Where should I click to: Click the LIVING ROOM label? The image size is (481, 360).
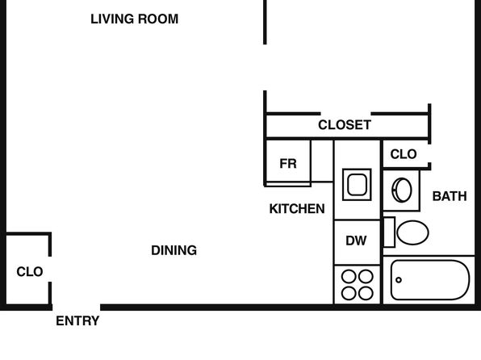pyautogui.click(x=134, y=19)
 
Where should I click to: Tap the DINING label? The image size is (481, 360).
pyautogui.click(x=174, y=250)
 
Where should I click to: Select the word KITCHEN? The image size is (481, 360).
pyautogui.click(x=297, y=209)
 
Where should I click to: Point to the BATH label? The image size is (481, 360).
pyautogui.click(x=450, y=196)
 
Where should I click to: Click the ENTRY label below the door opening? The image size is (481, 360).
pyautogui.click(x=77, y=321)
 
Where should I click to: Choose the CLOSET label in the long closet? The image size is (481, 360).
pyautogui.click(x=345, y=125)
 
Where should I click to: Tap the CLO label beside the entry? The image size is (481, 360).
pyautogui.click(x=30, y=271)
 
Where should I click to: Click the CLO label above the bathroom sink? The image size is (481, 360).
pyautogui.click(x=404, y=154)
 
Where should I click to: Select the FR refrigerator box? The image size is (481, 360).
pyautogui.click(x=288, y=163)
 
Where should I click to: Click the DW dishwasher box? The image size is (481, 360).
pyautogui.click(x=357, y=242)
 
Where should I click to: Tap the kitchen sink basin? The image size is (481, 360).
pyautogui.click(x=357, y=185)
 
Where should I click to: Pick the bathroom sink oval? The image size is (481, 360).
pyautogui.click(x=402, y=190)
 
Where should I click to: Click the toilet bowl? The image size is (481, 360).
pyautogui.click(x=412, y=232)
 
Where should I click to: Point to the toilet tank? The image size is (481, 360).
pyautogui.click(x=389, y=232)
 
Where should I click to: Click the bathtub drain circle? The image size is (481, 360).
pyautogui.click(x=399, y=280)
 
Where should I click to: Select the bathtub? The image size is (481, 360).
pyautogui.click(x=430, y=280)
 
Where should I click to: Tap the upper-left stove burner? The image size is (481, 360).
pyautogui.click(x=349, y=276)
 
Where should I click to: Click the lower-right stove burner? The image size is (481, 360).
pyautogui.click(x=366, y=293)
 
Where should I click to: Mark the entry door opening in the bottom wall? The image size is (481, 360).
pyautogui.click(x=77, y=308)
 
